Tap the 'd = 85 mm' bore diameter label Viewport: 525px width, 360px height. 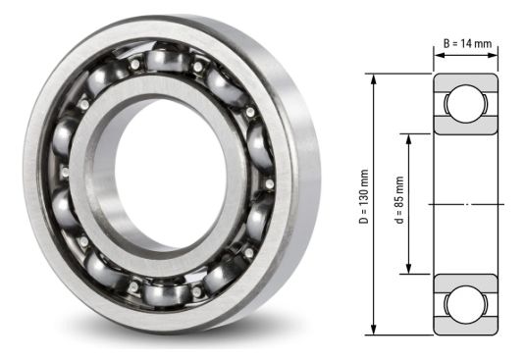click(x=400, y=202)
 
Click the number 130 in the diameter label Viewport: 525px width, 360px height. click(x=363, y=198)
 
